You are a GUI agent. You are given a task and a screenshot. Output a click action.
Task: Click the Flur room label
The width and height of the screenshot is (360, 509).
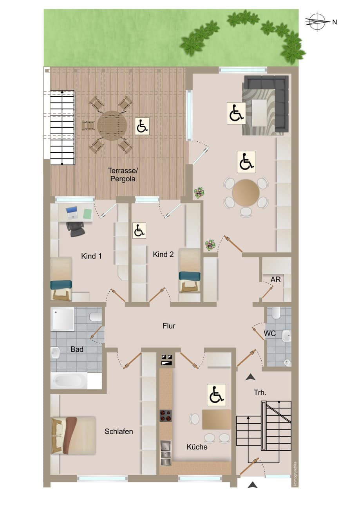[169, 326]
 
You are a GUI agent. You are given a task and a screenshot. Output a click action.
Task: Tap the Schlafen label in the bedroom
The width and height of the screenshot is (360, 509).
[119, 431]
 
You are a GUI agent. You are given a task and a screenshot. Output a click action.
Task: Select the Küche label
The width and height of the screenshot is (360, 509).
[197, 447]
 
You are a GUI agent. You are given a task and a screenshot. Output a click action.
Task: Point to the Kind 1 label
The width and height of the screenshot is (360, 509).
[91, 256]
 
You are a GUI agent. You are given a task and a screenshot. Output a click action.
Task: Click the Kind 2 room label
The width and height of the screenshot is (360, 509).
[163, 254]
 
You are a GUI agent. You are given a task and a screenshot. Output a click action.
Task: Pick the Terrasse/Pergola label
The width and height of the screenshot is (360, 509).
[123, 175]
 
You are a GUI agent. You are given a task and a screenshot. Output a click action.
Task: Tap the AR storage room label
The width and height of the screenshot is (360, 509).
[275, 280]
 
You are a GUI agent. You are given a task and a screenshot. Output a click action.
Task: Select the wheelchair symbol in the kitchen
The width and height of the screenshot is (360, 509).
[216, 395]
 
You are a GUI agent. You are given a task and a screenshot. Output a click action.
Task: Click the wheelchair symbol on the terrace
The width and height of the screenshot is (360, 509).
[142, 126]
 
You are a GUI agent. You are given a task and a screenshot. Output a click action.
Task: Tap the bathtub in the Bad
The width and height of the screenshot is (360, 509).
[69, 381]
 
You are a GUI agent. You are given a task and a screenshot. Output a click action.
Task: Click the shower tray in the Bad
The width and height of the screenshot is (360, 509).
[63, 319]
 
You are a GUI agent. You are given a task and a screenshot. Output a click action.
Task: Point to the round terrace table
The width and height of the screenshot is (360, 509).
[112, 125]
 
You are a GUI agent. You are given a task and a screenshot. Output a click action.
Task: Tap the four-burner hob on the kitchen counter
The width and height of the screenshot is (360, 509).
[165, 415]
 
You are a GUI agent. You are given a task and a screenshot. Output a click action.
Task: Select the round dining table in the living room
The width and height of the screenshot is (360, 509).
[246, 193]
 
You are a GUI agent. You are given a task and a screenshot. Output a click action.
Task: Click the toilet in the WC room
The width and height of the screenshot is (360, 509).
[276, 313]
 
